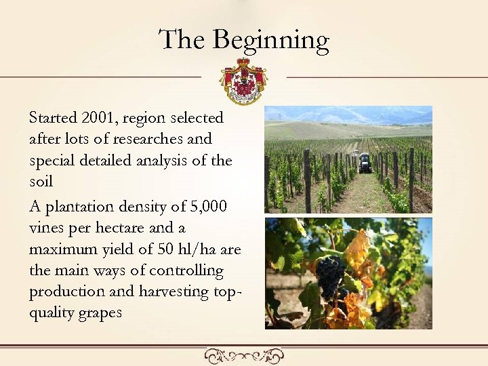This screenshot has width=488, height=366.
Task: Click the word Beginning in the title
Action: tap(271, 41)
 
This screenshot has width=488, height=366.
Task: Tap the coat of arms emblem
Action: tap(243, 80)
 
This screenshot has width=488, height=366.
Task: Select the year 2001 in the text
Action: tap(99, 117)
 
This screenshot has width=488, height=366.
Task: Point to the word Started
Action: tap(52, 117)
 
